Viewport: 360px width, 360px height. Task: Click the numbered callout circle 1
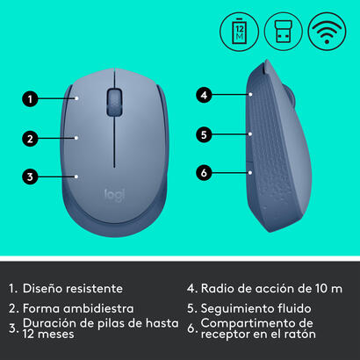tap(30, 99)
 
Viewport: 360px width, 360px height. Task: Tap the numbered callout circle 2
tap(30, 138)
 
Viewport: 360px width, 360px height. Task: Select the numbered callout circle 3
tap(30, 176)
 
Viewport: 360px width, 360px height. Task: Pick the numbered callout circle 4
tap(203, 94)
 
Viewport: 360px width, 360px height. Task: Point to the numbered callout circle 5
tap(203, 134)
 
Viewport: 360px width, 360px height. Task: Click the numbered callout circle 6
tap(203, 173)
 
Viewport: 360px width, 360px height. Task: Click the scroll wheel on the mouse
tap(115, 100)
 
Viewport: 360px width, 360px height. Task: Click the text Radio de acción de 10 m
tap(267, 287)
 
